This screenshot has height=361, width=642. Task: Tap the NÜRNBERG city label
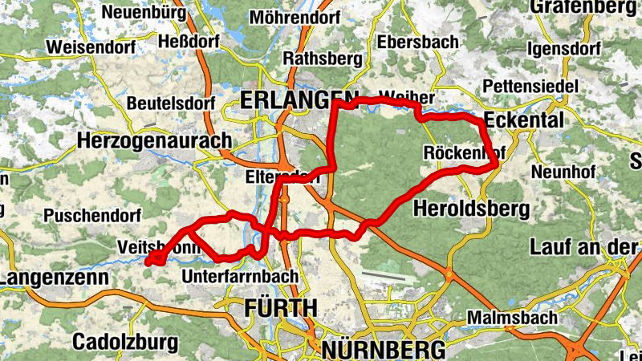[x=384, y=350]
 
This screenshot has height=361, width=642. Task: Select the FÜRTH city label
[x=280, y=307]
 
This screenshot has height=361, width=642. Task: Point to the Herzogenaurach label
[x=154, y=140]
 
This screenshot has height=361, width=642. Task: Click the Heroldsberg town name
[x=471, y=210]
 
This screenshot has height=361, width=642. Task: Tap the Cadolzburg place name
[x=125, y=342]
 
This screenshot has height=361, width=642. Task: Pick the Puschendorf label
[x=92, y=216]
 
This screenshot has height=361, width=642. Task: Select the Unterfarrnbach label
[x=241, y=276]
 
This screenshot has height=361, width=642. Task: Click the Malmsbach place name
[x=512, y=317]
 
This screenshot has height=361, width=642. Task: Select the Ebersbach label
[x=418, y=42]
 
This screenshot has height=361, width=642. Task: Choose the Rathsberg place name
[x=323, y=58]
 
